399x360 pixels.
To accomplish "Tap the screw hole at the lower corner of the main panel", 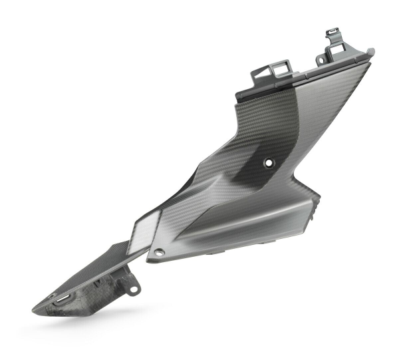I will pyautogui.click(x=159, y=253).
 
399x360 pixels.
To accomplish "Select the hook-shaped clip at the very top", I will pyautogui.click(x=333, y=33).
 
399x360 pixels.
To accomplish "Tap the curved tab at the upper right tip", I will pyautogui.click(x=368, y=51).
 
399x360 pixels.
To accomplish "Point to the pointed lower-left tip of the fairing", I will pyautogui.click(x=35, y=309).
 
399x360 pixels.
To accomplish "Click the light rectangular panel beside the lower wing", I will pyautogui.click(x=143, y=234).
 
